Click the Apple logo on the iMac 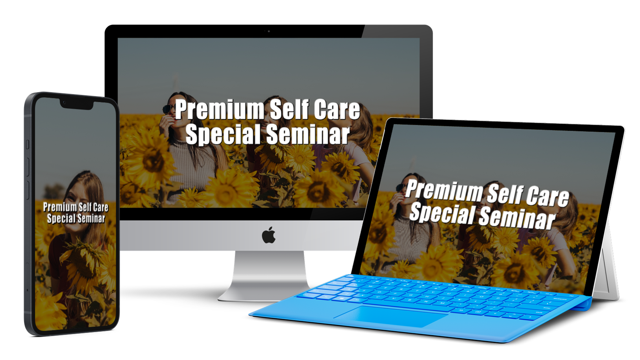(269, 235)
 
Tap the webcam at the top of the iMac (269, 31)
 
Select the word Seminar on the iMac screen (308, 134)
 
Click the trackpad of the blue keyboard (391, 316)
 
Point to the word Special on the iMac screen (223, 134)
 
